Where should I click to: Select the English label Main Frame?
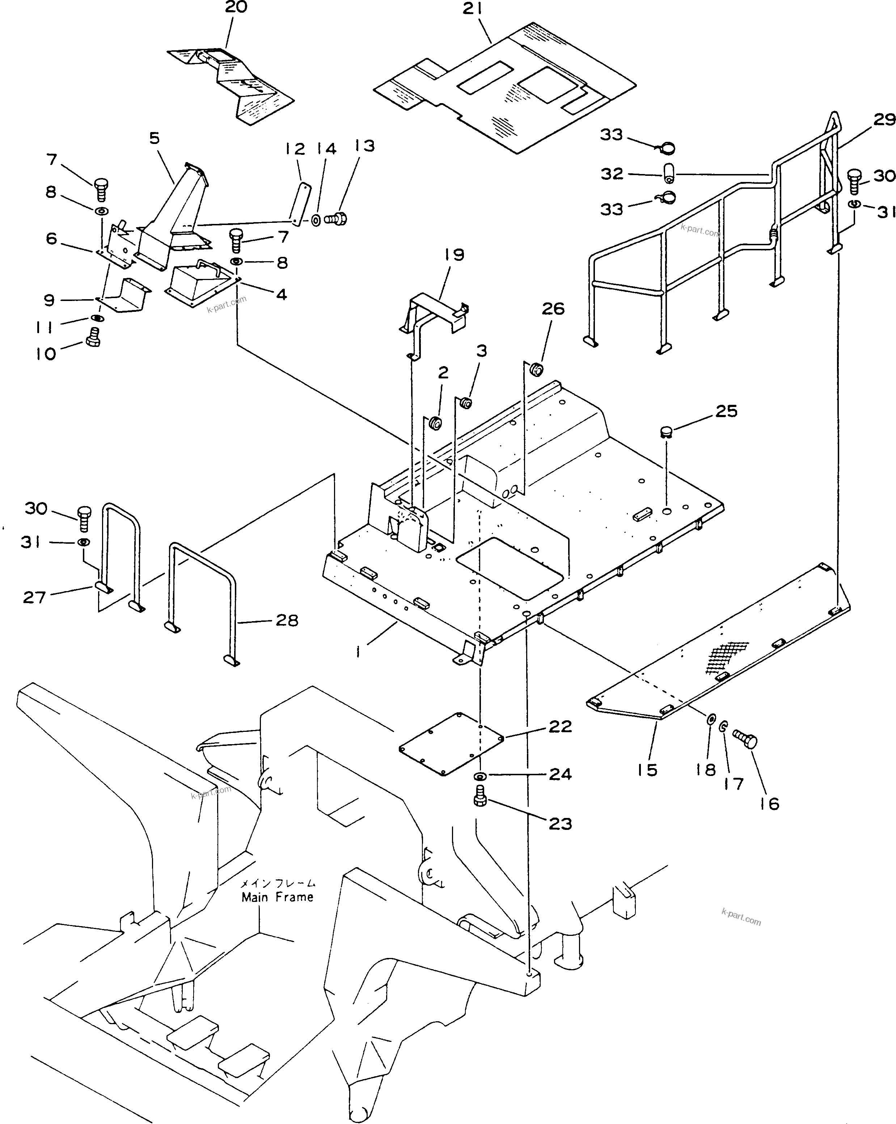coord(278,897)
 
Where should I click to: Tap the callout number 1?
coord(359,651)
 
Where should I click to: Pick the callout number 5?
coord(155,139)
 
